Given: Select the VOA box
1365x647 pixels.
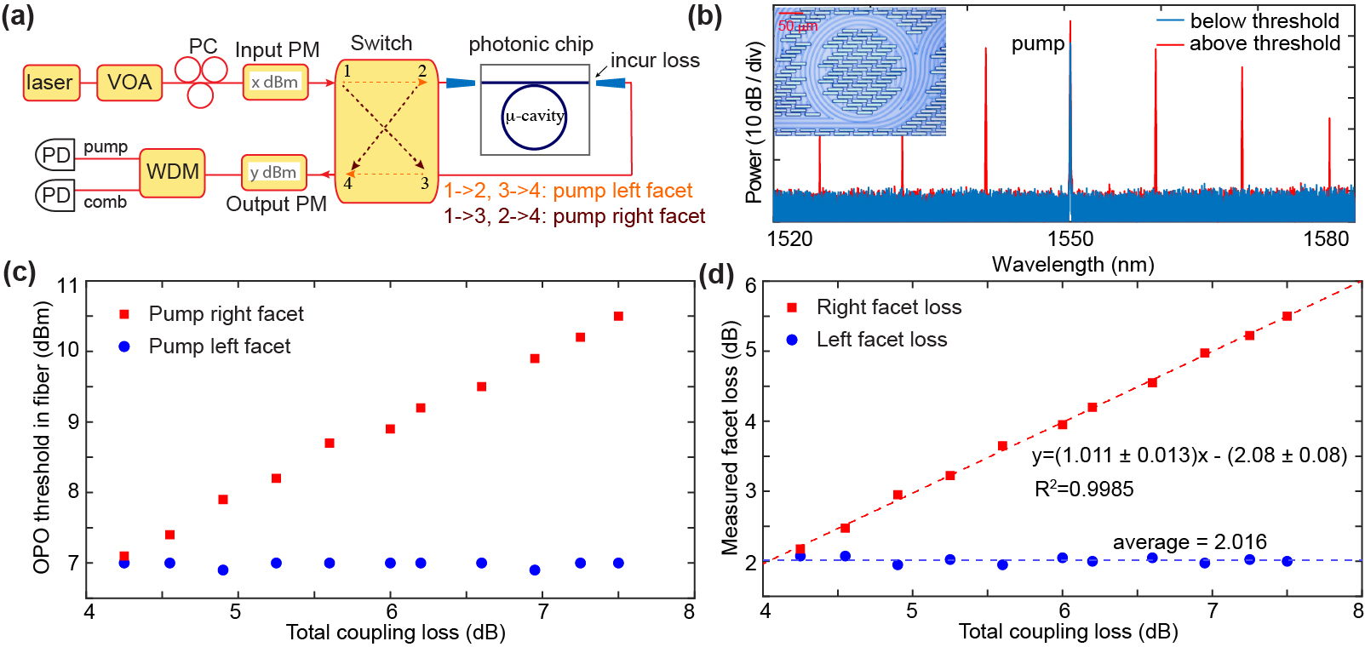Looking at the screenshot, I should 129,83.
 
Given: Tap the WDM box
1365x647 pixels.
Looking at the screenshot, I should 172,172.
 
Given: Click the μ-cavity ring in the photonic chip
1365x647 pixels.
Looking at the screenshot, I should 534,117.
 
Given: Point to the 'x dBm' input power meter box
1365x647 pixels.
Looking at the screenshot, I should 275,83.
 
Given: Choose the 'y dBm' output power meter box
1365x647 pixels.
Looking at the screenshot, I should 273,173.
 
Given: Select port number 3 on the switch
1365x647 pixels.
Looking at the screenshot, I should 424,183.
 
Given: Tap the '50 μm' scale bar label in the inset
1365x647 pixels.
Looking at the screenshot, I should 798,26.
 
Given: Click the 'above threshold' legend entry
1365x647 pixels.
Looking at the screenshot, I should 1265,43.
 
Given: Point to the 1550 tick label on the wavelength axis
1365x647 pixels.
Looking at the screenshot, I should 1070,238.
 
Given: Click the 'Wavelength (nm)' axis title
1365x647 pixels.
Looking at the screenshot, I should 1073,265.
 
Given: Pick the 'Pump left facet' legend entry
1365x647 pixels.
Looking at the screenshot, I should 219,346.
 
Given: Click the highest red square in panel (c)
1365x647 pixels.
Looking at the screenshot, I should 618,316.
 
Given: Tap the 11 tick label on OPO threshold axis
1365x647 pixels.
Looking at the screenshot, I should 68,285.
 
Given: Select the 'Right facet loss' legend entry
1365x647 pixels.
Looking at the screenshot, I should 888,307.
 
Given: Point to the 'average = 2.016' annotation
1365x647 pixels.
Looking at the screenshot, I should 1190,541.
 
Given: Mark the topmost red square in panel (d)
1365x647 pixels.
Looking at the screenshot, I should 1287,316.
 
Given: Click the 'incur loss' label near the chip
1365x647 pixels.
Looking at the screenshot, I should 655,60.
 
